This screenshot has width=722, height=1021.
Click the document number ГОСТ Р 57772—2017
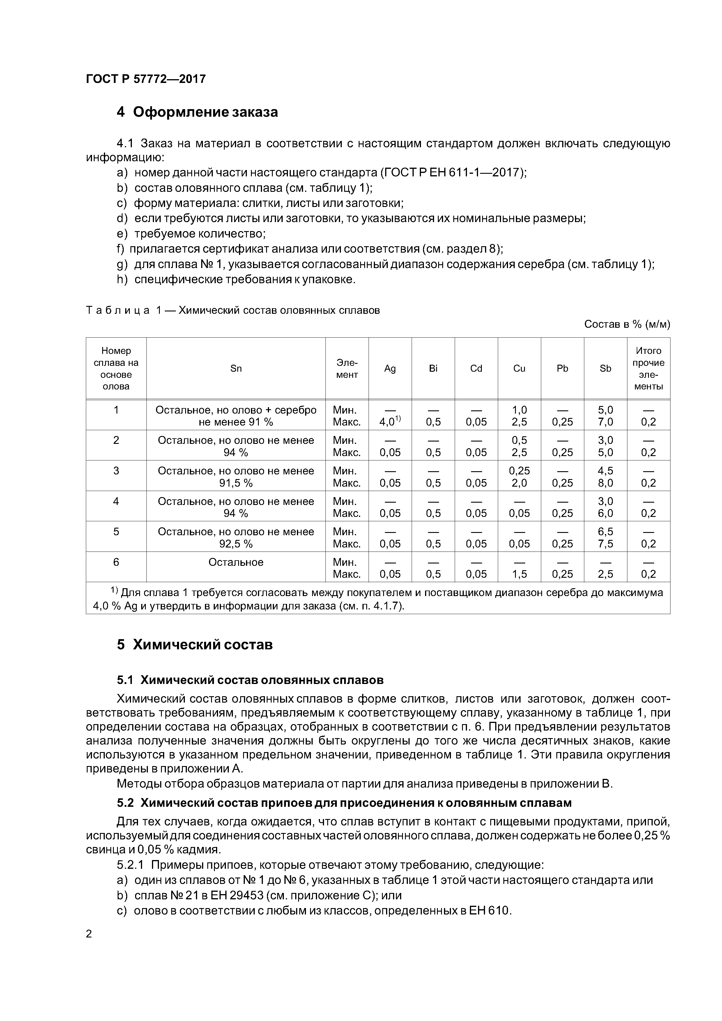146,79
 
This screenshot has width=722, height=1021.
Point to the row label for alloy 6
116,562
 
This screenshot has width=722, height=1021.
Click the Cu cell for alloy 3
519,476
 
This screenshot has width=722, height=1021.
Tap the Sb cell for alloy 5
606,537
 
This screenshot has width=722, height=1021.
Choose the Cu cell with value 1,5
519,574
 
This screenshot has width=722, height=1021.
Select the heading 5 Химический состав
195,644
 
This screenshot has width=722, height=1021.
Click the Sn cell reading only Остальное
236,562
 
